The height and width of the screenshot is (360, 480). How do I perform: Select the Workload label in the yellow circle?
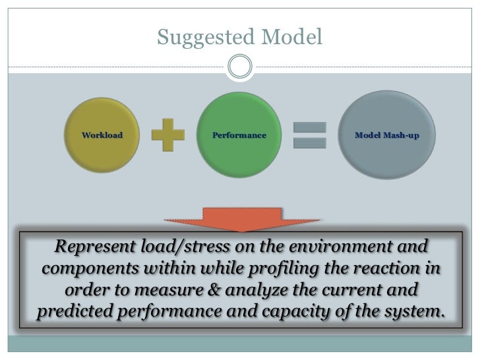click(x=102, y=135)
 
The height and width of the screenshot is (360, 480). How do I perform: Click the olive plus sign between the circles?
click(x=168, y=135)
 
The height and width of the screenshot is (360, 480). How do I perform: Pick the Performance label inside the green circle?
click(x=239, y=135)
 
